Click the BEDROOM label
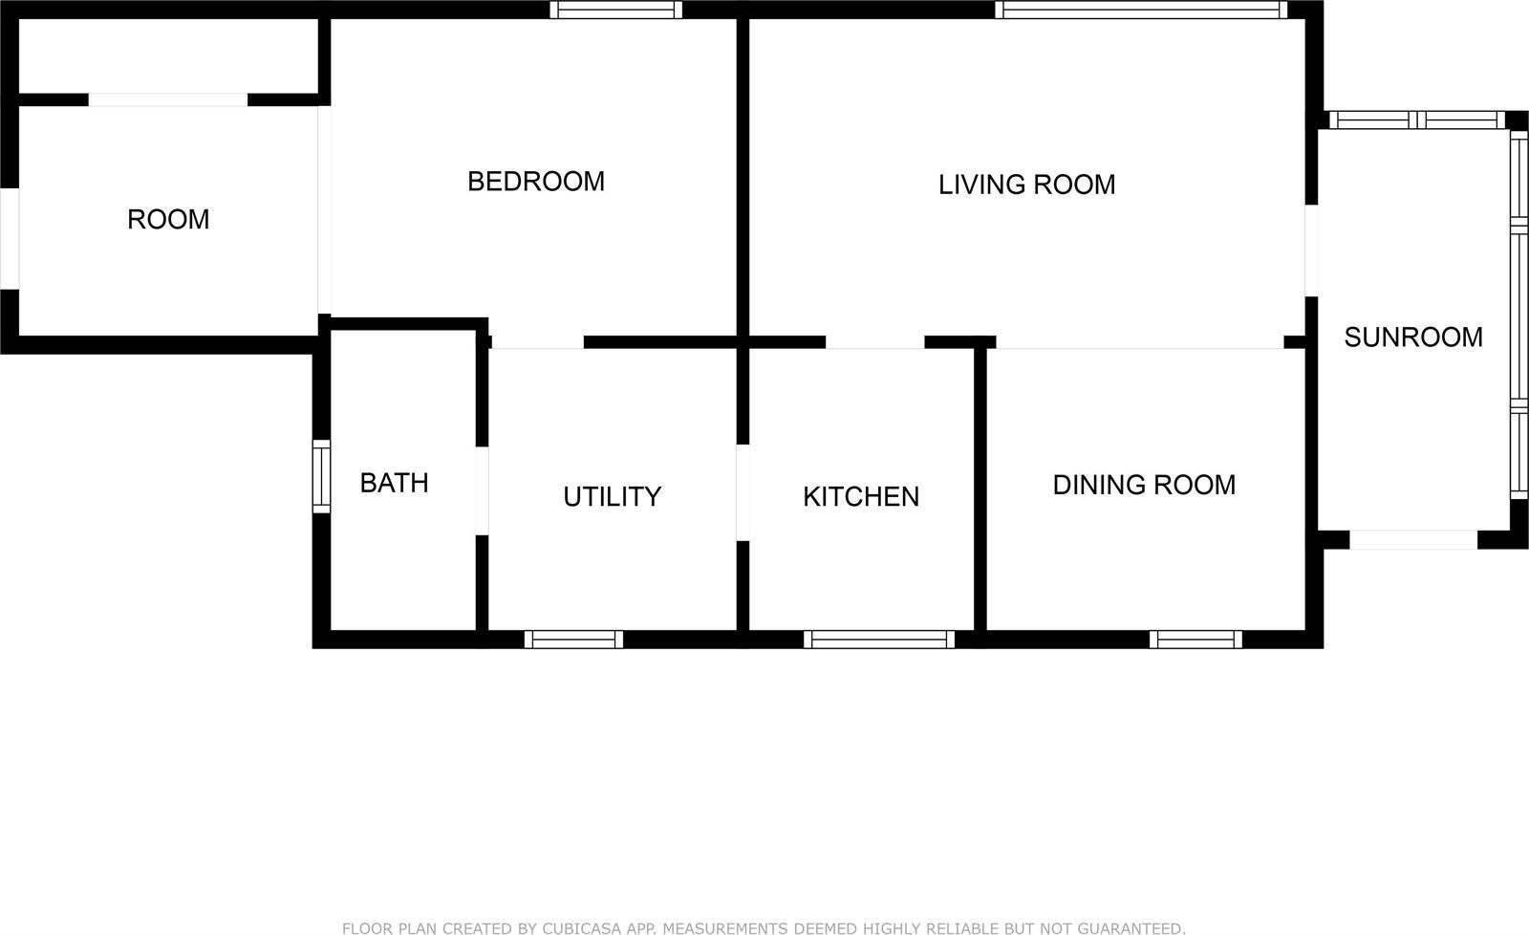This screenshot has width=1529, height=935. (536, 182)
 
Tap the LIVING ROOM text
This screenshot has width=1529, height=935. (1026, 185)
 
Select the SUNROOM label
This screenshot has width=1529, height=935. (1413, 337)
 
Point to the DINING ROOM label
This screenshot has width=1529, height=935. (1144, 485)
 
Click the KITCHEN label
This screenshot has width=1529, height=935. (861, 496)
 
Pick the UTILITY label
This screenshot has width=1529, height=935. (612, 496)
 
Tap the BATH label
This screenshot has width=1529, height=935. (394, 483)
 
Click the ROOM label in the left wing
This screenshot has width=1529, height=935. (168, 219)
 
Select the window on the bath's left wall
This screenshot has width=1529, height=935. (321, 476)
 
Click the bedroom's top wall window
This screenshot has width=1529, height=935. (615, 10)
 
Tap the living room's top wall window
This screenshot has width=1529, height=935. (1141, 10)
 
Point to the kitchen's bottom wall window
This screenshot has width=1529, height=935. (878, 640)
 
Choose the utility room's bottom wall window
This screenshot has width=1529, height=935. (573, 640)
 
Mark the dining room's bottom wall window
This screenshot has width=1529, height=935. (1195, 640)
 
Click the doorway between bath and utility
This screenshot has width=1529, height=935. (482, 490)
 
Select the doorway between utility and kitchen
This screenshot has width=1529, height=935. (743, 492)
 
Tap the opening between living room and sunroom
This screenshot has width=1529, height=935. (1311, 250)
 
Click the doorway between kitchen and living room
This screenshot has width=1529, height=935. (875, 342)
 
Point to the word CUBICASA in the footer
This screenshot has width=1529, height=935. (581, 928)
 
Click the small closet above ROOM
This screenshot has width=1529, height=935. (168, 55)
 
